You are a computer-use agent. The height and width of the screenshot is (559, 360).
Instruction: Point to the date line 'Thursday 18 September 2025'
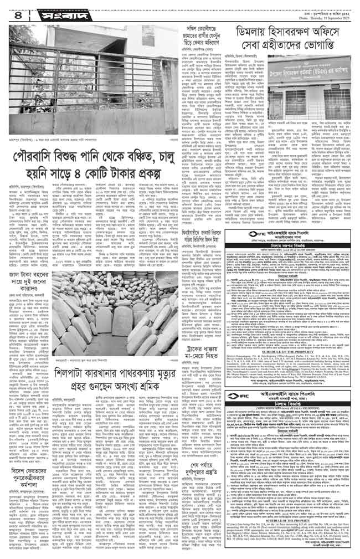click(321, 12)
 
